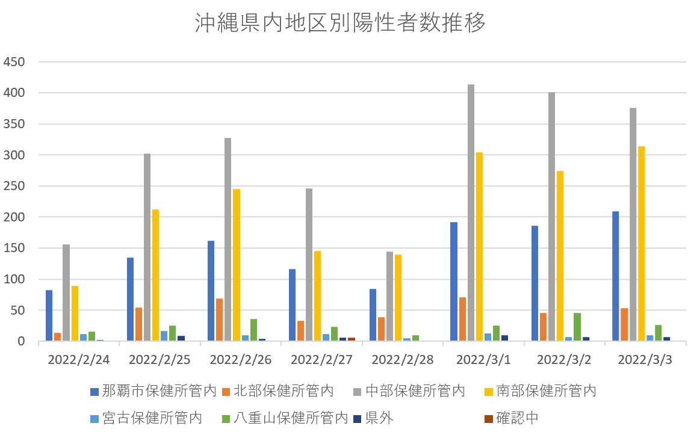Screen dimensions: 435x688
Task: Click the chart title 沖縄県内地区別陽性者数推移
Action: (340, 24)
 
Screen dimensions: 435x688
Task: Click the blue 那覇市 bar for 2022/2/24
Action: (49, 315)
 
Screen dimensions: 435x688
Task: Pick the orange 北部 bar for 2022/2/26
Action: (219, 319)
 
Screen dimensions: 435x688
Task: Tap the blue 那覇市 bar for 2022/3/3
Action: (615, 276)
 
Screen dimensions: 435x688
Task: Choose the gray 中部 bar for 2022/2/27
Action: (309, 265)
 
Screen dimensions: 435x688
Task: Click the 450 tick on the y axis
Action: (14, 62)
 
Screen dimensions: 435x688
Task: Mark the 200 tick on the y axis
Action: (14, 217)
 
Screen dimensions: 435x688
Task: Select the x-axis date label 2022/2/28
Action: (402, 360)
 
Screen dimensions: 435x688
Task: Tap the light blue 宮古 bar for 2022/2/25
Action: (164, 336)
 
